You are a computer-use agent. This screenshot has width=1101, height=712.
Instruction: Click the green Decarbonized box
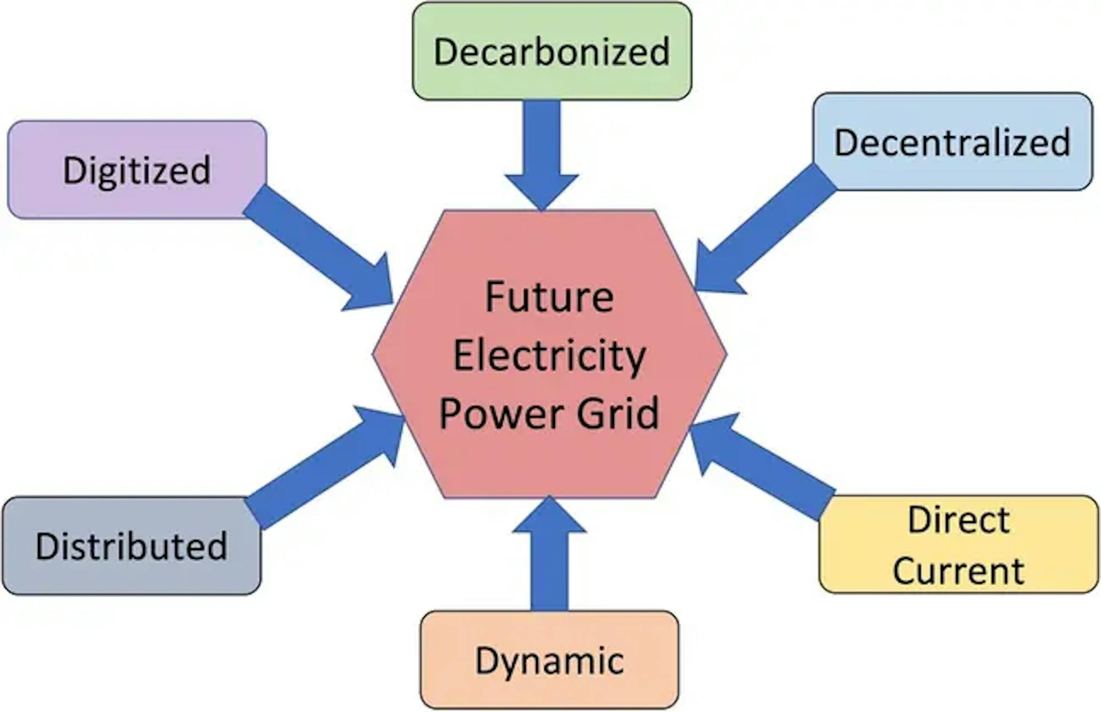[552, 51]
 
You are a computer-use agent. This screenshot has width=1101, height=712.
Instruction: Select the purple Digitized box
[137, 169]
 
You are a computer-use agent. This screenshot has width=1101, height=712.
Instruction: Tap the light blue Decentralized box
[952, 142]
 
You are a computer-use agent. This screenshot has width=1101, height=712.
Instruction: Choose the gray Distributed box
[132, 546]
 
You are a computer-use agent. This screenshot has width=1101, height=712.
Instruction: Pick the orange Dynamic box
[549, 660]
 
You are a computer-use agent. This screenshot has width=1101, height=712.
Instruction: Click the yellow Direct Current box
[958, 544]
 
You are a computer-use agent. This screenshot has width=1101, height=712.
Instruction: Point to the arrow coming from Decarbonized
[542, 155]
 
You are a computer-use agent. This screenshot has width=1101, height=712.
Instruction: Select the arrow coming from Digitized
[318, 248]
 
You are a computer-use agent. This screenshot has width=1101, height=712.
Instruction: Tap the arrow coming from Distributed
[325, 467]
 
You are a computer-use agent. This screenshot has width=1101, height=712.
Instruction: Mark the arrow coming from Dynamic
[549, 553]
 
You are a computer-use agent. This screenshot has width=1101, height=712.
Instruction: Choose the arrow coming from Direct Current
[762, 466]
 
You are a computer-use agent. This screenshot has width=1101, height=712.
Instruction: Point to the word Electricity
[549, 356]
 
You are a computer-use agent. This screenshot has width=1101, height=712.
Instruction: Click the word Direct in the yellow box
[958, 519]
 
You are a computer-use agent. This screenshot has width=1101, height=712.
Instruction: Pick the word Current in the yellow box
[958, 570]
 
